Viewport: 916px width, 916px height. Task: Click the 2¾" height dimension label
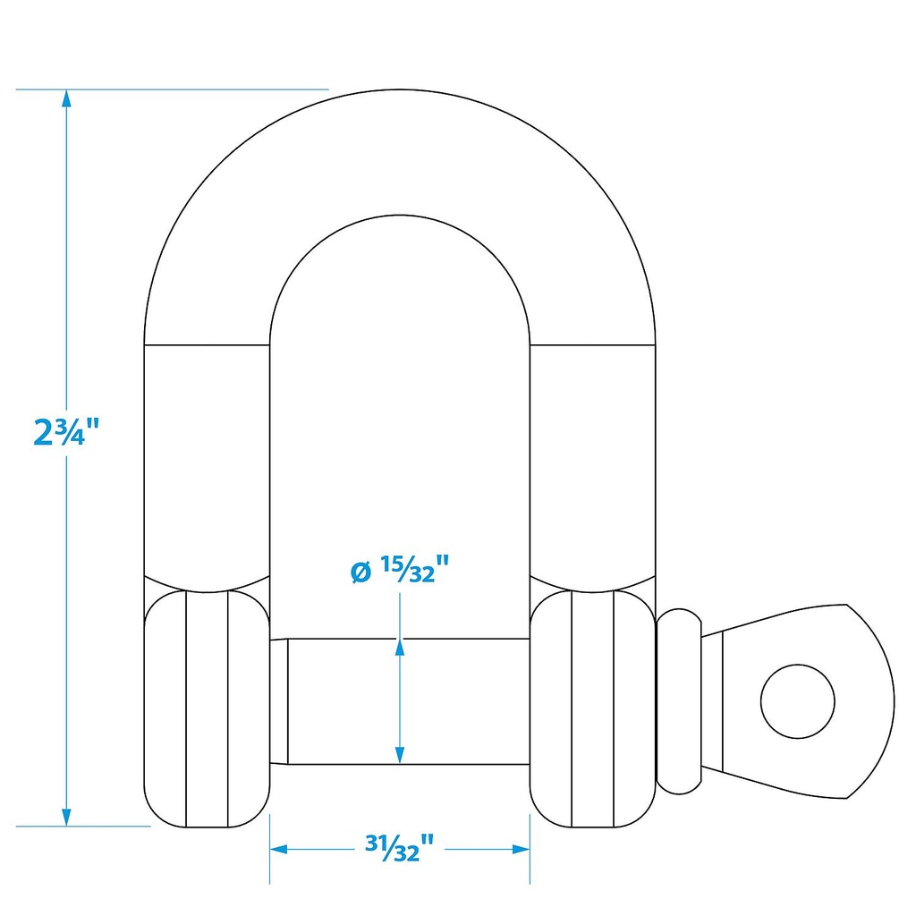(66, 432)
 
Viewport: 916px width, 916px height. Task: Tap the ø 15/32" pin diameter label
(400, 570)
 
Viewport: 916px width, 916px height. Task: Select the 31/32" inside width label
(400, 848)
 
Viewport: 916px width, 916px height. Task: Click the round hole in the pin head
(797, 701)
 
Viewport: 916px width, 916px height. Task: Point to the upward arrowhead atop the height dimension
(66, 98)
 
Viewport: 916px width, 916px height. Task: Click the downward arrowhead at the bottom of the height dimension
(66, 818)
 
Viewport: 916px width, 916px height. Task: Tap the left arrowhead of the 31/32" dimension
(279, 849)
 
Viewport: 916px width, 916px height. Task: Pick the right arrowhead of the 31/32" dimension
(521, 849)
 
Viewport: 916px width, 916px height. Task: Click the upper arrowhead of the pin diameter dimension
(400, 648)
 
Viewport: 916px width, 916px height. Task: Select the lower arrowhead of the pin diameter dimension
(400, 755)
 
